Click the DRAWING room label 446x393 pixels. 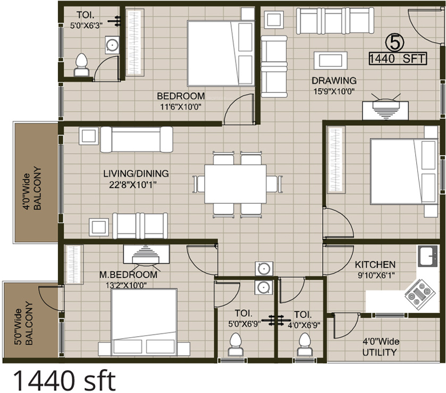334,81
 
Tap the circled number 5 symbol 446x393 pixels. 393,40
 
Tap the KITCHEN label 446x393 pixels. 375,264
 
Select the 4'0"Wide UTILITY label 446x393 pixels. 380,347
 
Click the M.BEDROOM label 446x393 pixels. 128,275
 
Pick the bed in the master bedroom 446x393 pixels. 144,322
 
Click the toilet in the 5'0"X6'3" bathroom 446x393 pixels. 81,64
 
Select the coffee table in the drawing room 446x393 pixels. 330,58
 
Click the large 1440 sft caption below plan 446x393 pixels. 63,380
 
